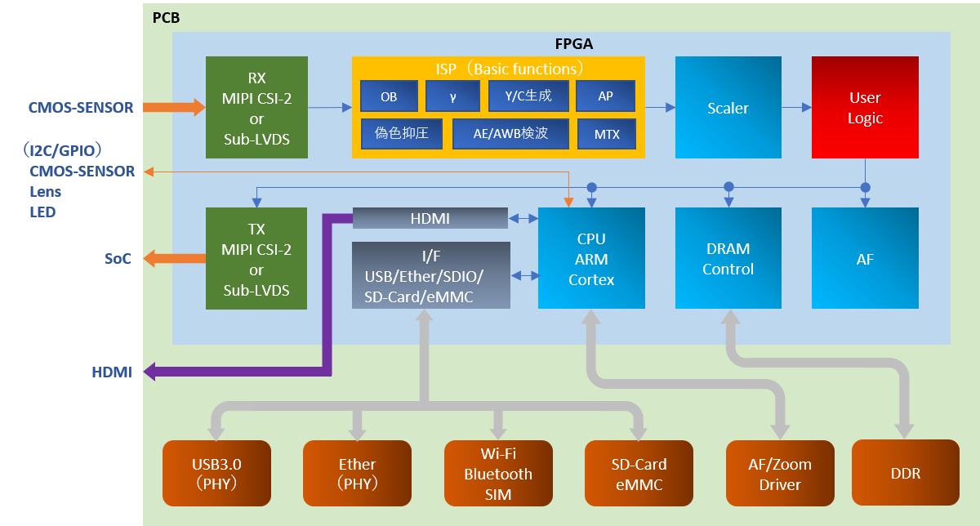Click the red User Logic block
(865, 107)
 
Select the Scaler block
(728, 107)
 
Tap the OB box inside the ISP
(389, 96)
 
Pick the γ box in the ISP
(452, 96)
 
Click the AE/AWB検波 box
(510, 133)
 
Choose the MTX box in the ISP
(606, 134)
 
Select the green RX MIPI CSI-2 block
(256, 107)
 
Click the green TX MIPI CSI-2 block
(256, 258)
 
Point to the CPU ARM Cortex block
(591, 258)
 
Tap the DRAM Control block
(728, 258)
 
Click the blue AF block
(865, 258)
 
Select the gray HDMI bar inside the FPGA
(430, 218)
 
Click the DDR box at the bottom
(905, 473)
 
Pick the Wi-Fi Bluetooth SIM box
(498, 474)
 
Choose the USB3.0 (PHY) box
(216, 474)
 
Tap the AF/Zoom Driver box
(780, 474)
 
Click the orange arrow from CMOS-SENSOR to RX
(174, 107)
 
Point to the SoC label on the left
(118, 258)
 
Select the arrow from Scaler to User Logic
(795, 107)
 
